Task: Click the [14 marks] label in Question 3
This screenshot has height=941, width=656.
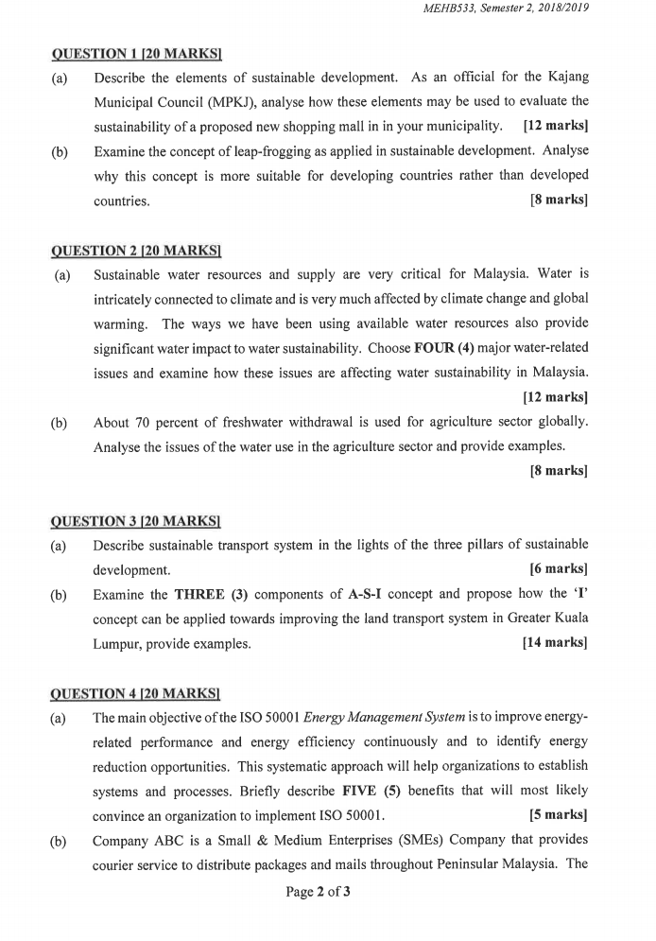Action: pos(554,643)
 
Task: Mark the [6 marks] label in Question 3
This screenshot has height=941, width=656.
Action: pos(559,569)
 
